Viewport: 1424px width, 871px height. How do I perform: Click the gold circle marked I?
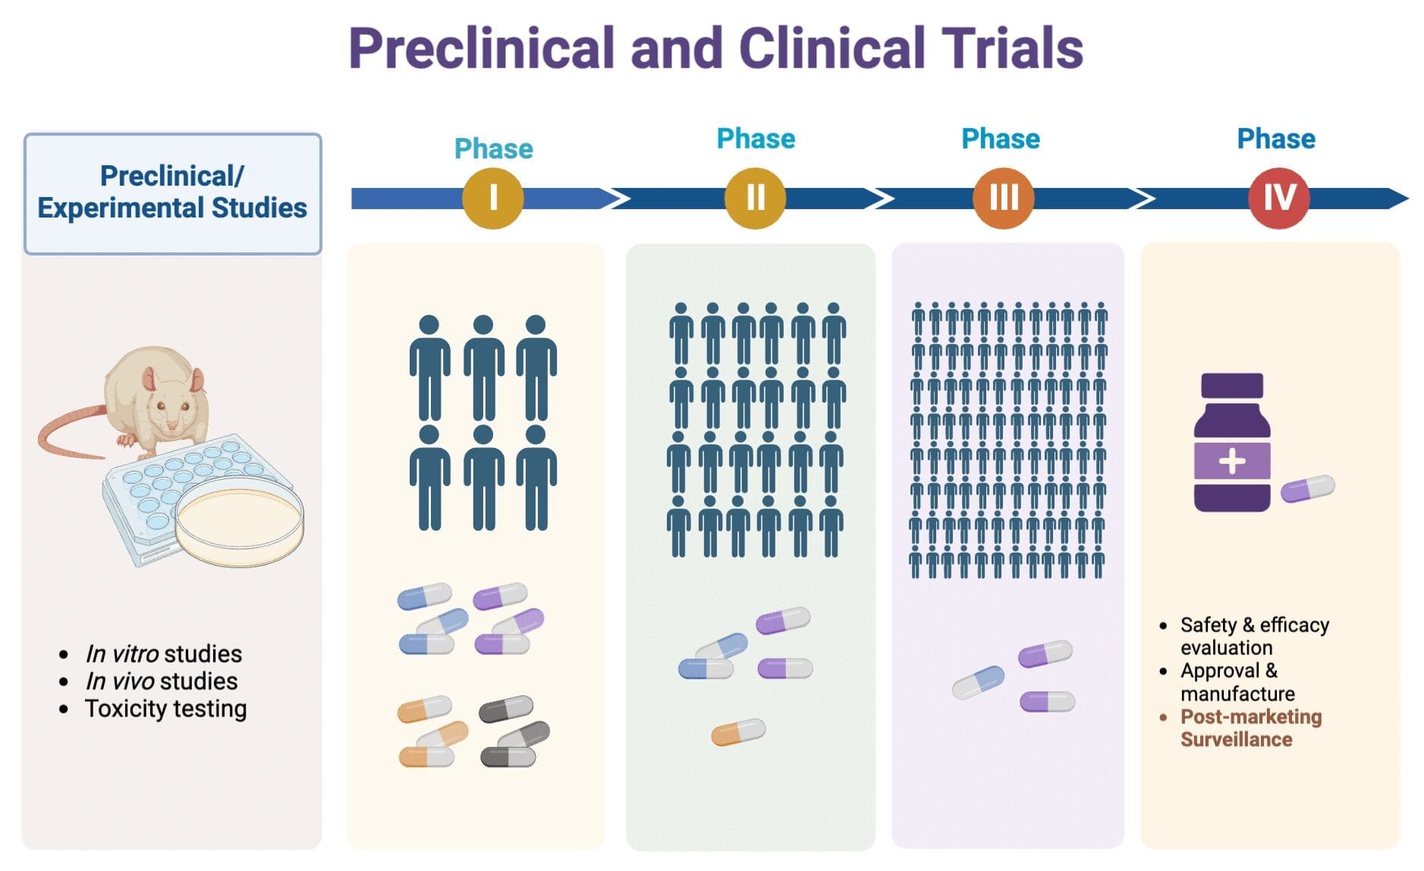[492, 198]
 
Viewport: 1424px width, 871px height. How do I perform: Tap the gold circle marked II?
[755, 198]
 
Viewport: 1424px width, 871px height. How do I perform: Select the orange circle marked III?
[1003, 198]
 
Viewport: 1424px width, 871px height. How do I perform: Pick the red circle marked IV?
[1278, 198]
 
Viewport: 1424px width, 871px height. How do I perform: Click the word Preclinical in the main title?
[480, 49]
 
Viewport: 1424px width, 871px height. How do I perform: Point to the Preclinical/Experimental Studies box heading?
[172, 193]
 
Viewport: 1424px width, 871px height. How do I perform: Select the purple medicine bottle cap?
[1231, 386]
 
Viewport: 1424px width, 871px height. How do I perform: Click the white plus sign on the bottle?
[1231, 460]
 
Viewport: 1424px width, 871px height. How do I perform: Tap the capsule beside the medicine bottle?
[1307, 488]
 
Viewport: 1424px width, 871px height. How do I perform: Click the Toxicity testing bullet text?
[165, 709]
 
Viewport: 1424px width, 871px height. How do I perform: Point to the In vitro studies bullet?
[163, 653]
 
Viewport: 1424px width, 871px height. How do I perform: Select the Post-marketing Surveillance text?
[1250, 728]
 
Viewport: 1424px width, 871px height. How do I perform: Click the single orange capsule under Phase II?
[737, 732]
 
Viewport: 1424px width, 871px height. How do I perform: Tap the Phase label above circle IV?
[1276, 139]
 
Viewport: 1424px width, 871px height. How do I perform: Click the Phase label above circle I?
[493, 149]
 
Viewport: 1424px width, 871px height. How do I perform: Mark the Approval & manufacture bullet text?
[1237, 682]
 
